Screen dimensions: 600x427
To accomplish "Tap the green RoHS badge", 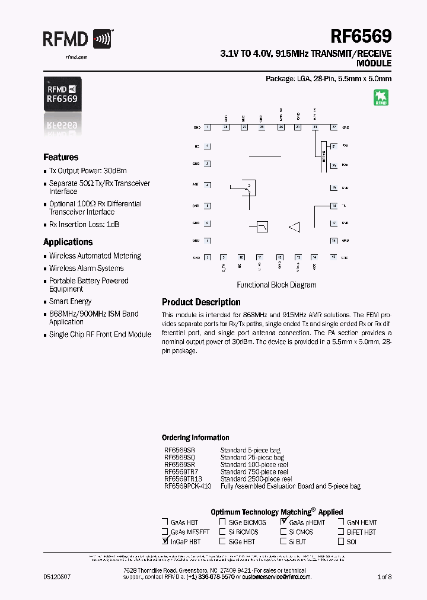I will [x=381, y=97].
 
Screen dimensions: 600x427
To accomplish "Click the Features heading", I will [x=60, y=157].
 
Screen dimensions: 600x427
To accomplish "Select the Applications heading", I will [x=68, y=242].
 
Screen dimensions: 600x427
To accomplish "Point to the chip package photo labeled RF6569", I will [x=63, y=95].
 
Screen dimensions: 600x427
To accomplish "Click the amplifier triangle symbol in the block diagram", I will [x=295, y=226].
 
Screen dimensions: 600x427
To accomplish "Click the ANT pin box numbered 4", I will [x=207, y=184].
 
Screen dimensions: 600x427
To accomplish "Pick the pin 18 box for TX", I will [x=334, y=206].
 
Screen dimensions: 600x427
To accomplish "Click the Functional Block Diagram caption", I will [x=276, y=285].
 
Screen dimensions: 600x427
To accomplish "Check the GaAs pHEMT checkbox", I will [x=284, y=522].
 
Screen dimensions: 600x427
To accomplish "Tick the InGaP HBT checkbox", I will [x=164, y=541].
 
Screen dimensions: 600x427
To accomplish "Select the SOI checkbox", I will [x=342, y=541].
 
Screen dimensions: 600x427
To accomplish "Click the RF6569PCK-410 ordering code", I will [x=187, y=486].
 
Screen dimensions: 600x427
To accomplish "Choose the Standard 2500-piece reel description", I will [x=256, y=479].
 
